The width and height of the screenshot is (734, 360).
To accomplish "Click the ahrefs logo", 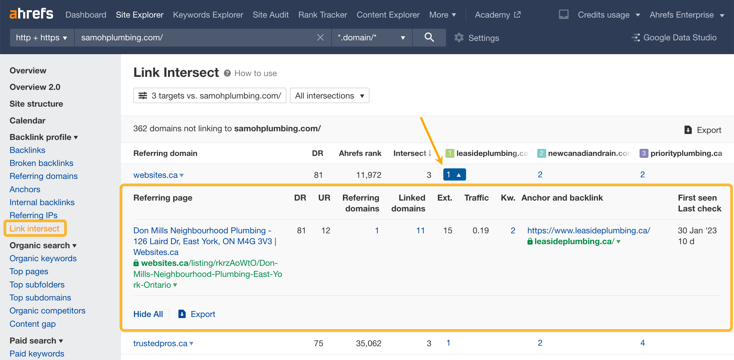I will [x=31, y=14].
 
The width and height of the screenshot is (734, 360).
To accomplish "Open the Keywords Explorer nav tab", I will [x=208, y=15].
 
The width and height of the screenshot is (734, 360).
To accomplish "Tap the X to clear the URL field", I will [x=320, y=37].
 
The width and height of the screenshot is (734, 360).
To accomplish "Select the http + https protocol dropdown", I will [x=42, y=37].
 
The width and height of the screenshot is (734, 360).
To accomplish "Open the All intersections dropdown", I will [x=329, y=96].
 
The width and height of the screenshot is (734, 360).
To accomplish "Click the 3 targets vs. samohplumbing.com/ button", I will [x=210, y=96].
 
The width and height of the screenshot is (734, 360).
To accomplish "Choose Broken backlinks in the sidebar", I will [x=41, y=163].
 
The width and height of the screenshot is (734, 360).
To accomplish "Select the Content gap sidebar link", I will [x=32, y=324].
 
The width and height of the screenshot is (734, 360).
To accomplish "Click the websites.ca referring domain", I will [x=156, y=175].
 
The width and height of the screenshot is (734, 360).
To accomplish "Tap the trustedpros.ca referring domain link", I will [x=160, y=343].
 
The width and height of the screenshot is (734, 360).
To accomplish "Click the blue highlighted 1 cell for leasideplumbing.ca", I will [x=454, y=174].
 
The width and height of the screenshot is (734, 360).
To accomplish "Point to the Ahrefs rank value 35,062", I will [x=368, y=343].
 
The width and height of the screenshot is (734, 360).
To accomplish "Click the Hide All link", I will [x=148, y=314].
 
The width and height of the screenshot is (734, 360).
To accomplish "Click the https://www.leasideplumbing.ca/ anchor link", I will [x=589, y=230].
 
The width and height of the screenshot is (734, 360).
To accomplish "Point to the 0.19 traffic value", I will [x=480, y=230].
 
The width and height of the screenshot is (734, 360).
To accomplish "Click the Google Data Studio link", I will [x=680, y=38].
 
